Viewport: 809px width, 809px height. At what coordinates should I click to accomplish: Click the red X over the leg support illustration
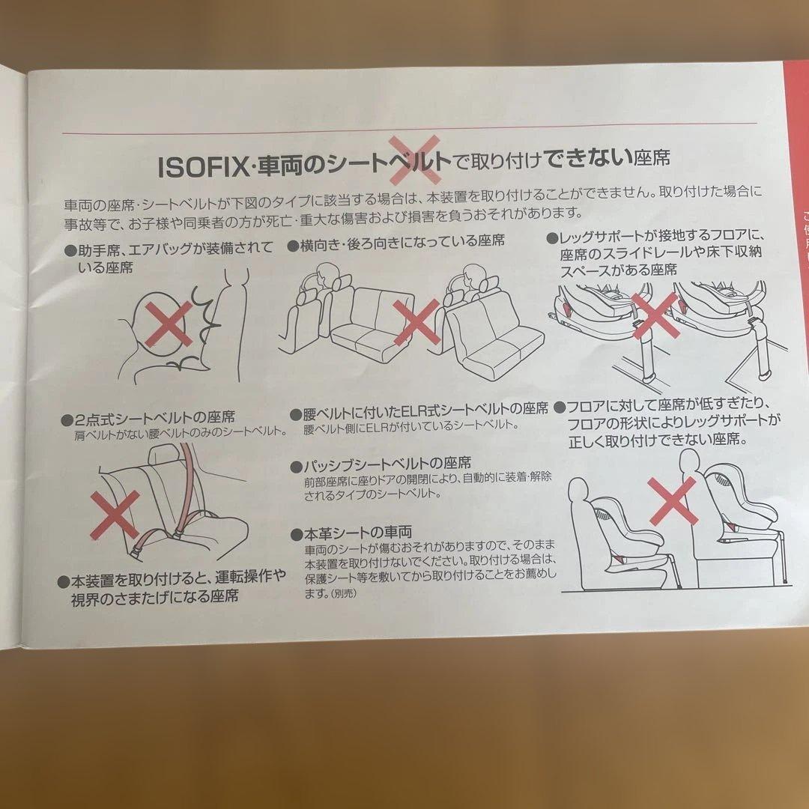[x=655, y=314]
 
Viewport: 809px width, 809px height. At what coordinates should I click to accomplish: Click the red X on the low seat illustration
[x=672, y=500]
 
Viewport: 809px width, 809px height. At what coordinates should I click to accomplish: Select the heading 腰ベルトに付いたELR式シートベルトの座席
[x=419, y=410]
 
